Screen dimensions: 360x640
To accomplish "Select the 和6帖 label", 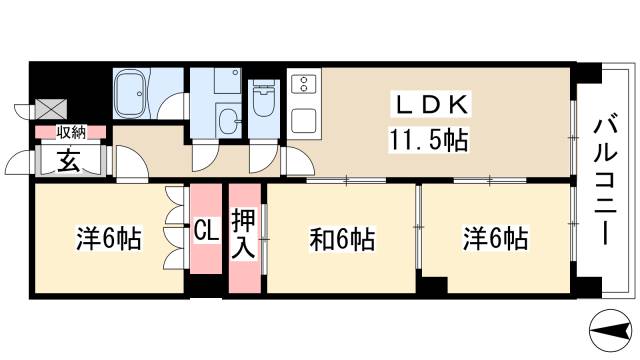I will tap(342, 240).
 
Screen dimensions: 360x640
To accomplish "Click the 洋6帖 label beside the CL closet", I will tap(108, 239).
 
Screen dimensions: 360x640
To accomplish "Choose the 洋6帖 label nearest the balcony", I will tap(495, 240).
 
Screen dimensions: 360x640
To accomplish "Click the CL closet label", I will tap(207, 232).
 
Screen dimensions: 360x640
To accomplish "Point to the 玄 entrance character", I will tap(68, 160).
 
